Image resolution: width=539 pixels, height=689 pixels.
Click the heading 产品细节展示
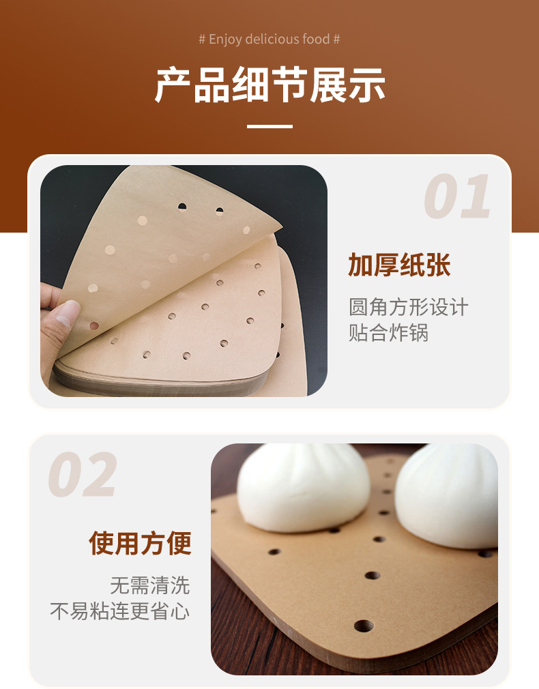point(269,85)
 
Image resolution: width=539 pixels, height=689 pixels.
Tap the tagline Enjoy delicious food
point(269,39)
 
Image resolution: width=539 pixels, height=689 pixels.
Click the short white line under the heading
point(269,126)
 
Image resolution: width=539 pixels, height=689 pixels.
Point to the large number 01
point(457,197)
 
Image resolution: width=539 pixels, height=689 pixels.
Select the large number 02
point(83,475)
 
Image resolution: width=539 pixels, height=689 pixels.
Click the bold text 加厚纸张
point(400,265)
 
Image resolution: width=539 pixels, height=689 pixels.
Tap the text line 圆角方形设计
point(409,306)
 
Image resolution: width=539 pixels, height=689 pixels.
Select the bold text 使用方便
point(140,543)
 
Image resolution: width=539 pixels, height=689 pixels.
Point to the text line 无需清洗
point(150,585)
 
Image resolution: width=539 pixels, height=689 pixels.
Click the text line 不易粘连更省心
point(120,611)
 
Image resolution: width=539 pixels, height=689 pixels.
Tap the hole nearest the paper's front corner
point(363,625)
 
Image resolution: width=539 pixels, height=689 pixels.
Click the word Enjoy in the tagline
point(225,39)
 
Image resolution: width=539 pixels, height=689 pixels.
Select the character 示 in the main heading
point(366,85)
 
